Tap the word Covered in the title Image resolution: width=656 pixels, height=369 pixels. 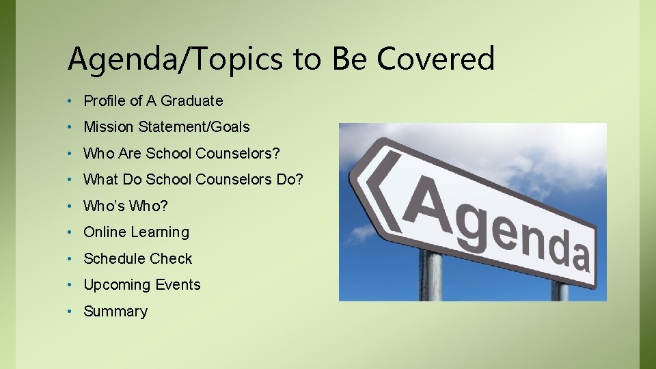tap(436, 58)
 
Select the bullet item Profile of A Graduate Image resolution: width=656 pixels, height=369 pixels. tap(153, 101)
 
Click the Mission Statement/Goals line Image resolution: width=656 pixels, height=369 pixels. tap(167, 127)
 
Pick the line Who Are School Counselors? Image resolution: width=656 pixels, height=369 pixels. tap(181, 153)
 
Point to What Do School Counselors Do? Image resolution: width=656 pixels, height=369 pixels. tap(193, 180)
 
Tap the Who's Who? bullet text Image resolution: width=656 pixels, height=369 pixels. tap(125, 206)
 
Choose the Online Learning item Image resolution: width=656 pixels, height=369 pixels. tap(136, 232)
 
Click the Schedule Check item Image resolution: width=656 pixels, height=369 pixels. tap(137, 259)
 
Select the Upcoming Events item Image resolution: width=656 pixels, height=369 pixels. tap(142, 285)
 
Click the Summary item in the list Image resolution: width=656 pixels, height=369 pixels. tap(115, 312)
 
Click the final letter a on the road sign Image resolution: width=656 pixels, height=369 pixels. tap(578, 254)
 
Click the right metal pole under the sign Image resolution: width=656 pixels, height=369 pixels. tap(560, 290)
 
